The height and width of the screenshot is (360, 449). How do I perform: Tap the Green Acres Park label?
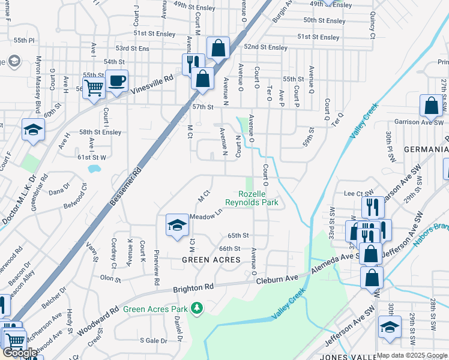tap(156, 310)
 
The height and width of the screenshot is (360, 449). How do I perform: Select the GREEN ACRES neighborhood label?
tap(212, 260)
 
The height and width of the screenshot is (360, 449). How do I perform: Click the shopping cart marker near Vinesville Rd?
tap(94, 88)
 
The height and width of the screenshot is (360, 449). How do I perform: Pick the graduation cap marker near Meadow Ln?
tap(176, 225)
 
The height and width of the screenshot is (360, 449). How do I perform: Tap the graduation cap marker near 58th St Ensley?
tap(33, 129)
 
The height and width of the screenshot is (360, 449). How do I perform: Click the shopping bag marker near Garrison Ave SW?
tap(431, 106)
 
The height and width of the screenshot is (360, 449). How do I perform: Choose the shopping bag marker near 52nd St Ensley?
tap(218, 48)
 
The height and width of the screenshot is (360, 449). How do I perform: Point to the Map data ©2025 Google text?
tap(412, 355)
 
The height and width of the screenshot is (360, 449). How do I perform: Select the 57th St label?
tap(202, 107)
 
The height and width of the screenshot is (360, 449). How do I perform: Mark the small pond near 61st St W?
tap(94, 169)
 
